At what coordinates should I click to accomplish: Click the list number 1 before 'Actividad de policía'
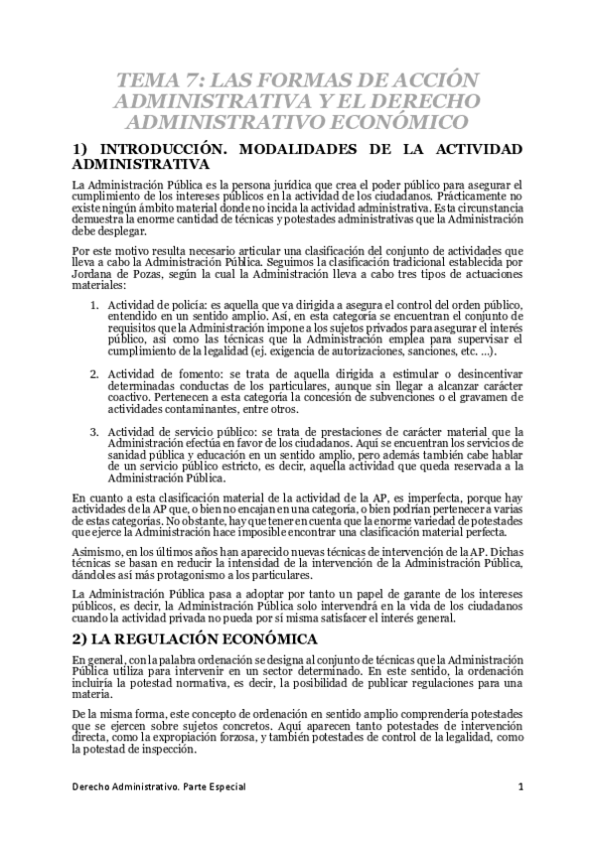(93, 303)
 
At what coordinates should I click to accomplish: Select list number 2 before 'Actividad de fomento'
(93, 374)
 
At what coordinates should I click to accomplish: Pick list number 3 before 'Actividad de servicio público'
(93, 432)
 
